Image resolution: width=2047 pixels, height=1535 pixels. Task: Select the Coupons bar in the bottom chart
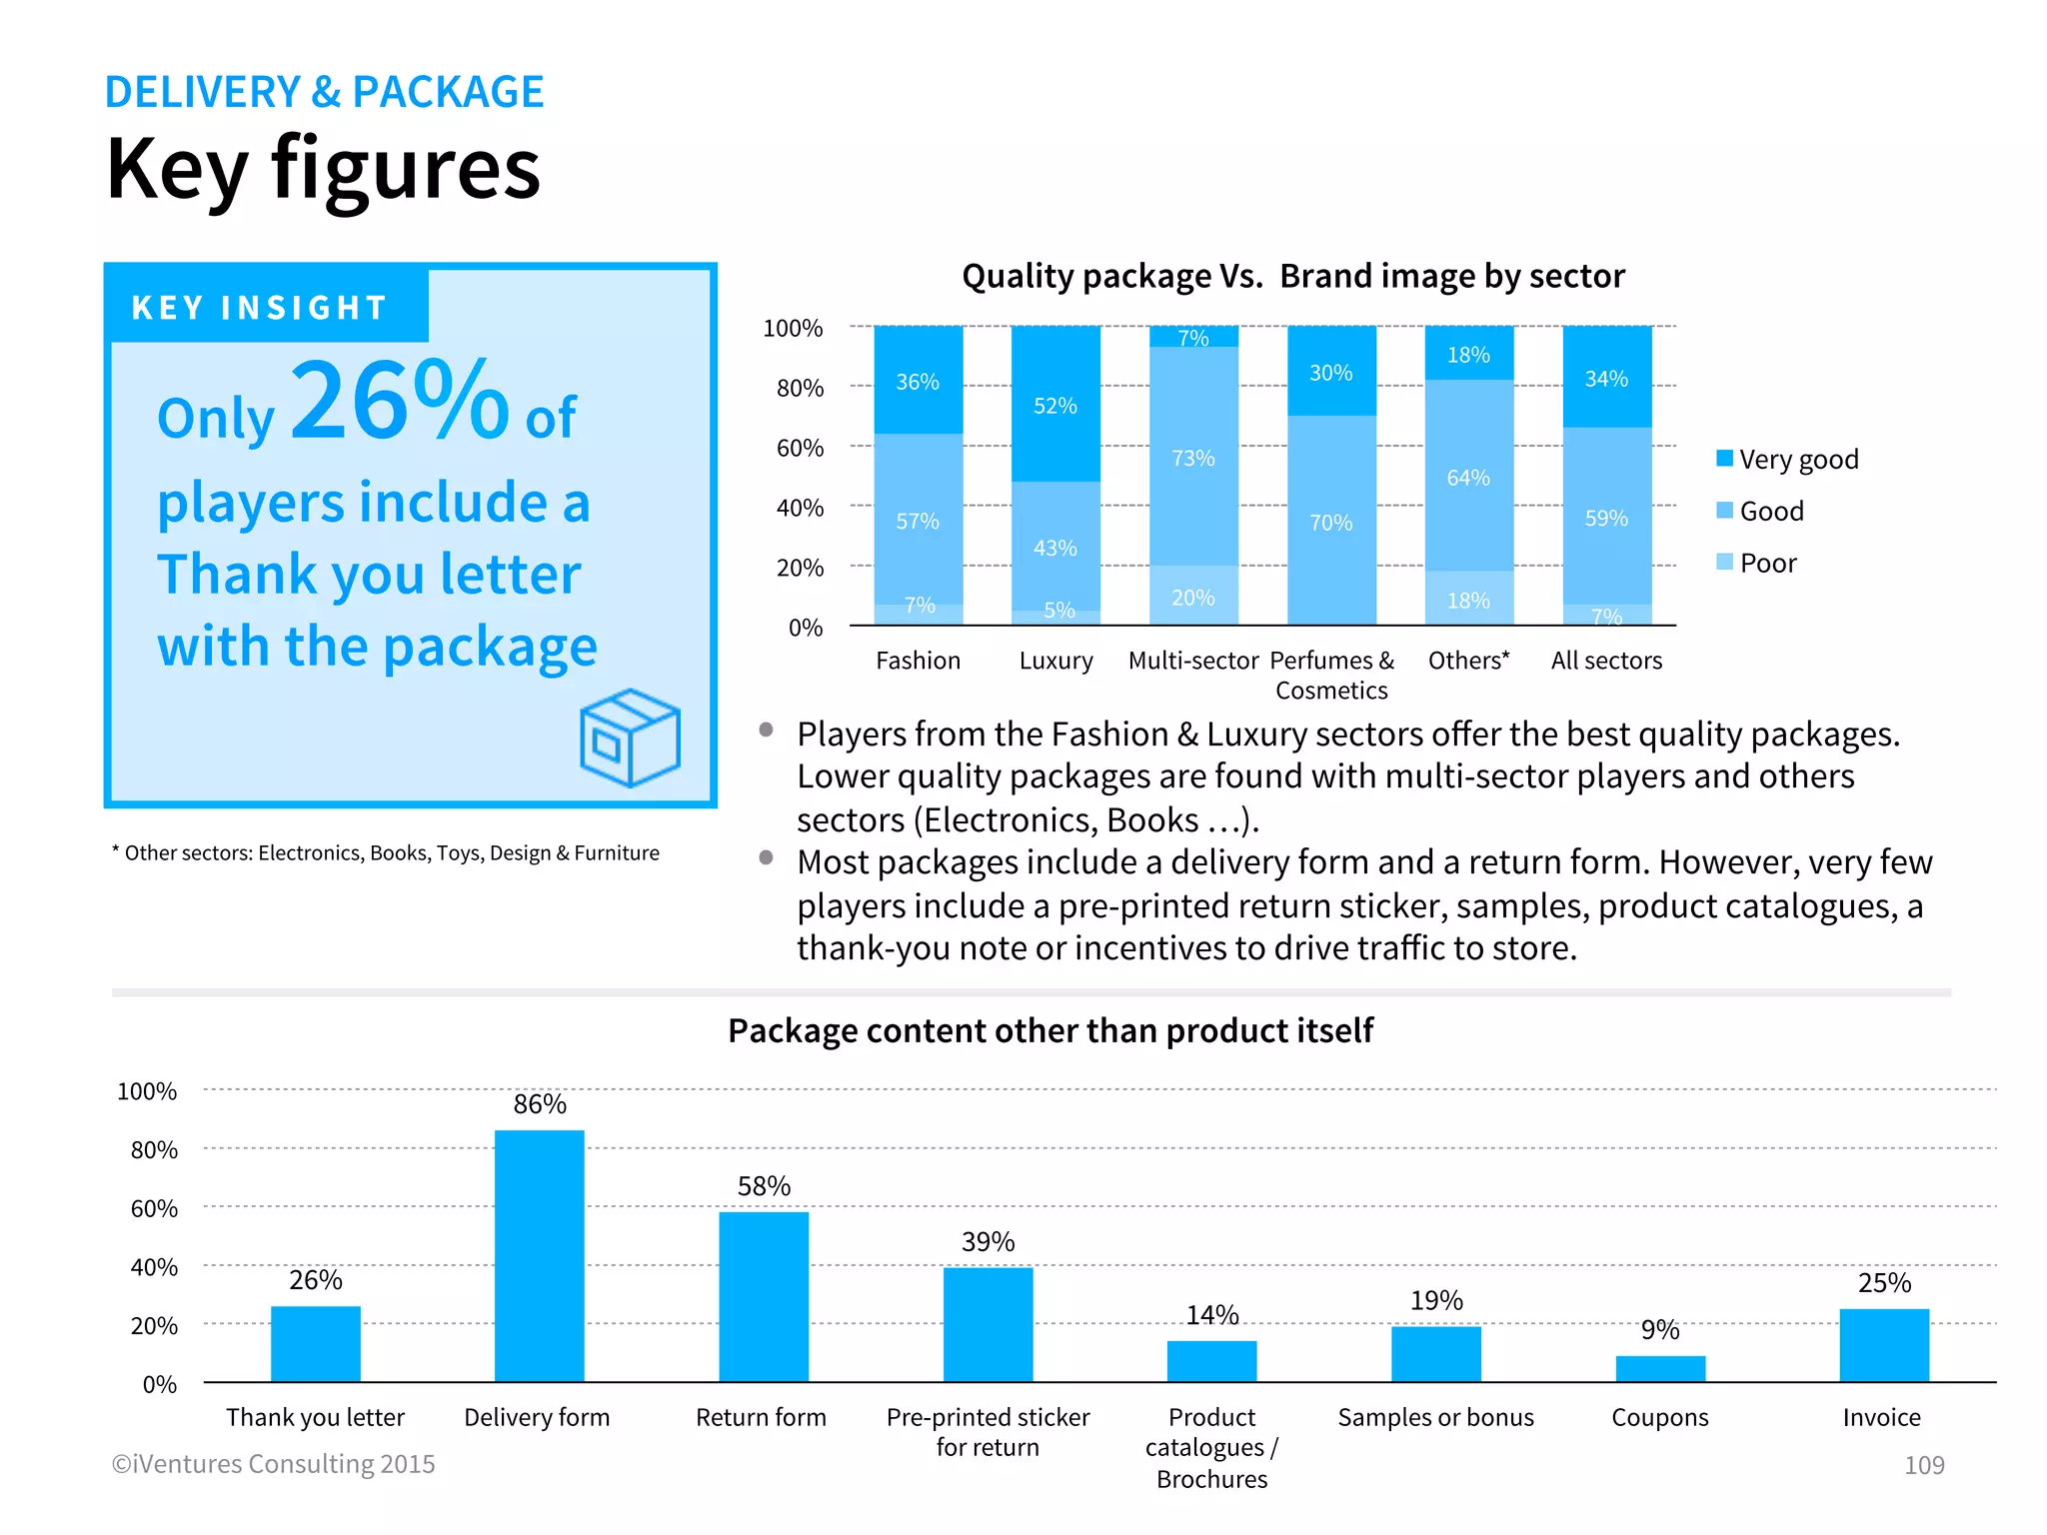(1660, 1368)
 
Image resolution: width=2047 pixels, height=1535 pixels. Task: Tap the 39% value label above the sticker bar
(988, 1242)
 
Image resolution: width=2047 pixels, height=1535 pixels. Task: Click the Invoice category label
(1882, 1417)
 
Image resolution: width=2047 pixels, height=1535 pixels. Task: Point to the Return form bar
(764, 1296)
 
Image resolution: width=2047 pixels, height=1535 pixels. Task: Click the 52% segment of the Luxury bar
(1055, 404)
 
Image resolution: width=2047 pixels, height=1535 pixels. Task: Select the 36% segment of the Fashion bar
(918, 381)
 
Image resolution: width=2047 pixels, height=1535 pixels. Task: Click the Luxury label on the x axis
(1055, 661)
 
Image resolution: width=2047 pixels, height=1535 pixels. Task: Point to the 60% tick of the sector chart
(800, 448)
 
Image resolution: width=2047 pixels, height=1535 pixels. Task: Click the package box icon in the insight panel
(630, 738)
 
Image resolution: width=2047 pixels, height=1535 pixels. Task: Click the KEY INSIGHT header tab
(260, 307)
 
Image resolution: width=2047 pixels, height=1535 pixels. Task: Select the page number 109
(1924, 1465)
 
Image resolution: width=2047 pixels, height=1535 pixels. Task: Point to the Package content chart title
(1049, 1030)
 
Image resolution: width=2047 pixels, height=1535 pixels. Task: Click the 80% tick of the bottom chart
(154, 1150)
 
